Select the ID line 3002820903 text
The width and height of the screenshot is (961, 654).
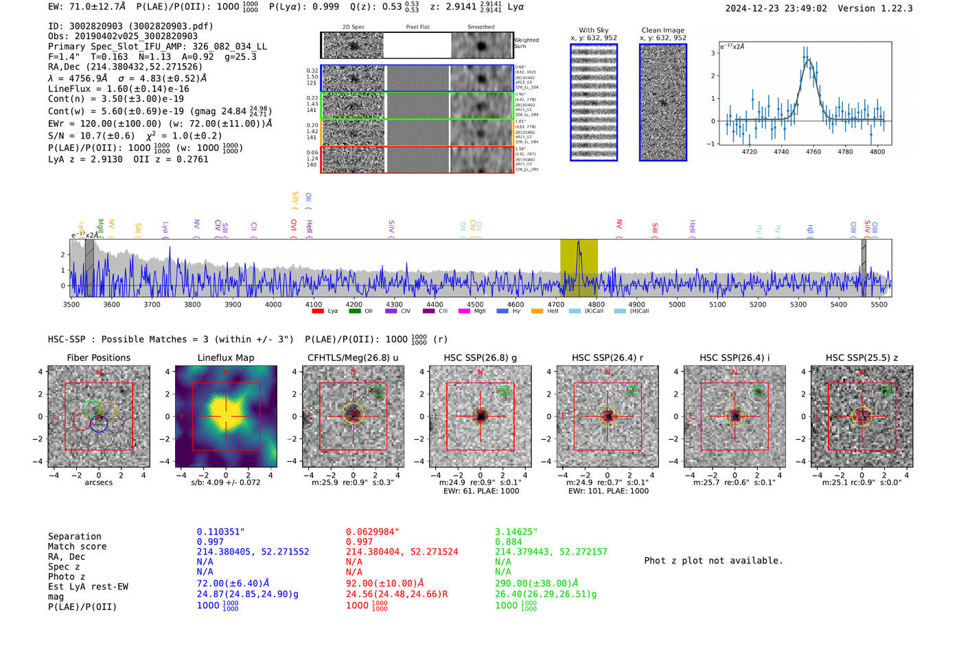[130, 26]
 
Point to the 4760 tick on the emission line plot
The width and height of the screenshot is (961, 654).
[813, 152]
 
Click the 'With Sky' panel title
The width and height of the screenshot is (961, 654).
[594, 30]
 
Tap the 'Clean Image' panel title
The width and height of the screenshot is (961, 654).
[663, 30]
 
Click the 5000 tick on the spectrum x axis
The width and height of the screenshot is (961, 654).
[677, 304]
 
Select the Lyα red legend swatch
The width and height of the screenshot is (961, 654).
[318, 311]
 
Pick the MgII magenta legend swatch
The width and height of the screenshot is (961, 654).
[464, 311]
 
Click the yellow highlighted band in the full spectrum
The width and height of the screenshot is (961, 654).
[579, 268]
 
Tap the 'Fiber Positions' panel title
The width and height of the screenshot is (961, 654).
[98, 358]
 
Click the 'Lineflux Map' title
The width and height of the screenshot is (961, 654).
[226, 358]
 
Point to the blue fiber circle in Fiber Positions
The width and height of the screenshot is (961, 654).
[99, 423]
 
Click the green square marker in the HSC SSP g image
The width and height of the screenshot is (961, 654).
[505, 390]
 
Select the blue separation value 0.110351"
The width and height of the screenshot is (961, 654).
[220, 532]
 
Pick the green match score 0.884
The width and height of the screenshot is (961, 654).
[509, 541]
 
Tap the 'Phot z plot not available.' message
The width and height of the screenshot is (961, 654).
[713, 561]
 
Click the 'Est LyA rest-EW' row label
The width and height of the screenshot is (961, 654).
[88, 587]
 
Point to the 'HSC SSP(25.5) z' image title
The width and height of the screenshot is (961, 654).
[861, 358]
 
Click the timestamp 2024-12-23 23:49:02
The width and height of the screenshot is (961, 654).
[776, 8]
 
